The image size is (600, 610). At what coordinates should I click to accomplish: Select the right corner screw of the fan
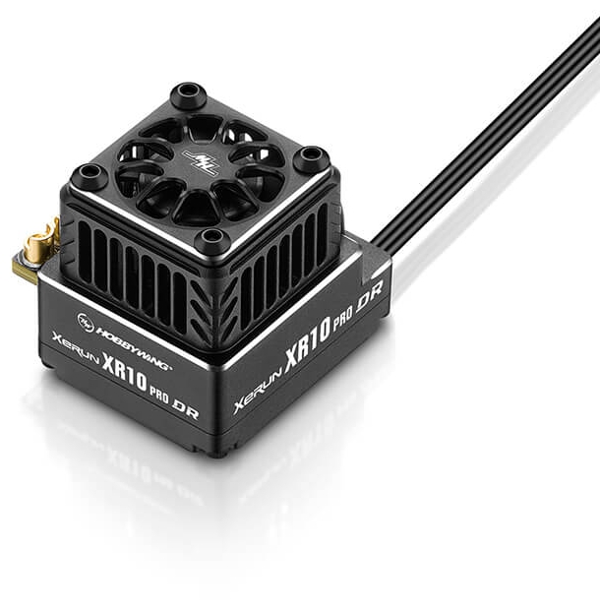click(x=311, y=154)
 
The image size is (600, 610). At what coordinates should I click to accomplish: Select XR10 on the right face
click(x=308, y=344)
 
